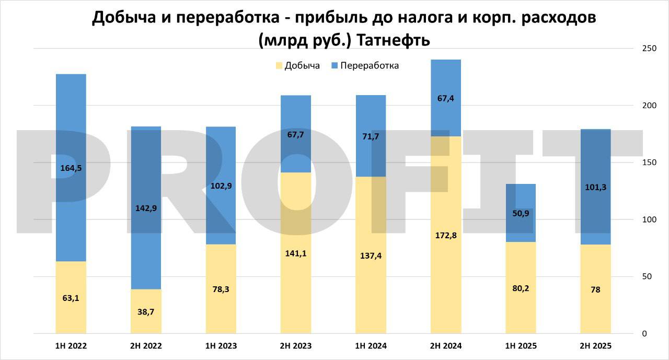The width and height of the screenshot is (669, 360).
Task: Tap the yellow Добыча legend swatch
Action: click(x=279, y=66)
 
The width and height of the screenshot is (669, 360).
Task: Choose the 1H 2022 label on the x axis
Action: click(x=71, y=346)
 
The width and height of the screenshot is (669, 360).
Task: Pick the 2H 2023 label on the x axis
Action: click(x=296, y=346)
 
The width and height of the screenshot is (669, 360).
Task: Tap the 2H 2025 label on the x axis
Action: click(x=596, y=346)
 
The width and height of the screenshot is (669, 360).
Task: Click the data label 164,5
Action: click(x=71, y=168)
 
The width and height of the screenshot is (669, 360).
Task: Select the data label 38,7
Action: click(x=146, y=311)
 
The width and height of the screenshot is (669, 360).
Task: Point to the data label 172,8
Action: click(x=446, y=235)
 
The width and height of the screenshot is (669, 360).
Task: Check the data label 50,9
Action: click(x=521, y=213)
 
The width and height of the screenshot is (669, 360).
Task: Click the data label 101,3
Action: click(x=596, y=187)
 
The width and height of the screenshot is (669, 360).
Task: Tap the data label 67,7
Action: click(x=296, y=134)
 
